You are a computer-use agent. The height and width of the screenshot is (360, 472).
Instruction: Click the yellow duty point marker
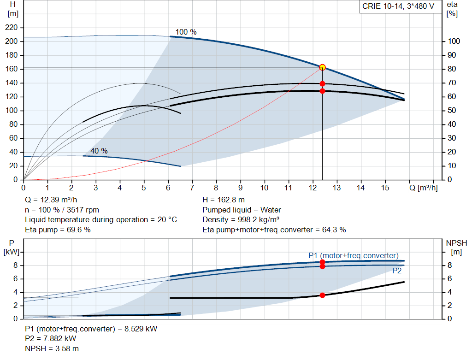click(322, 67)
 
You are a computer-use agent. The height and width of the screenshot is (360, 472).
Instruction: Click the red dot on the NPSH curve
click(322, 295)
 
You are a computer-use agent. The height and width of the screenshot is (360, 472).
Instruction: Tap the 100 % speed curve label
click(186, 32)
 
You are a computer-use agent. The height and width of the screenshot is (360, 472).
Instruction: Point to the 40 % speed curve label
click(99, 151)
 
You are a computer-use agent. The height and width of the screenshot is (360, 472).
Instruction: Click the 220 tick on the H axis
click(12, 27)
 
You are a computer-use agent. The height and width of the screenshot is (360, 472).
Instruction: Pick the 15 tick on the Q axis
click(385, 188)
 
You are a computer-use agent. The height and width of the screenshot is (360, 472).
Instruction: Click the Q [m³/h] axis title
click(424, 188)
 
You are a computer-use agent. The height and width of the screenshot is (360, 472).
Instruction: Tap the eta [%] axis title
click(452, 9)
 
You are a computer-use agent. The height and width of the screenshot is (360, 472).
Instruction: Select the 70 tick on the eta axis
click(452, 83)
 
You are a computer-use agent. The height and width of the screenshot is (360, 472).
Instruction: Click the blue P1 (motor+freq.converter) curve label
click(354, 255)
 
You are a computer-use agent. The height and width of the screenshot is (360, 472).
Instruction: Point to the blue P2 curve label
click(397, 271)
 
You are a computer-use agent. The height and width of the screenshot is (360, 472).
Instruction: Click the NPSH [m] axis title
click(456, 248)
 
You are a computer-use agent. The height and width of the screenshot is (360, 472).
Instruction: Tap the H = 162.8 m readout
click(224, 200)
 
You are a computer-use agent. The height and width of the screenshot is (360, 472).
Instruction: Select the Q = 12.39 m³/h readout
click(51, 200)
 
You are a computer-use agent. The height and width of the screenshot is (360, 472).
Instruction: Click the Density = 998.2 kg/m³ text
click(241, 220)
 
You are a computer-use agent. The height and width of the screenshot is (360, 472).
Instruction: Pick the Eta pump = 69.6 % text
click(58, 230)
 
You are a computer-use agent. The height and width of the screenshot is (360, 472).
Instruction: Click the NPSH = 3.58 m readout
click(52, 349)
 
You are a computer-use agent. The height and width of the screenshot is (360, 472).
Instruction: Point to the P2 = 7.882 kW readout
click(51, 339)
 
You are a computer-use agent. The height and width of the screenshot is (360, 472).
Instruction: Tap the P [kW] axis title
click(12, 248)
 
